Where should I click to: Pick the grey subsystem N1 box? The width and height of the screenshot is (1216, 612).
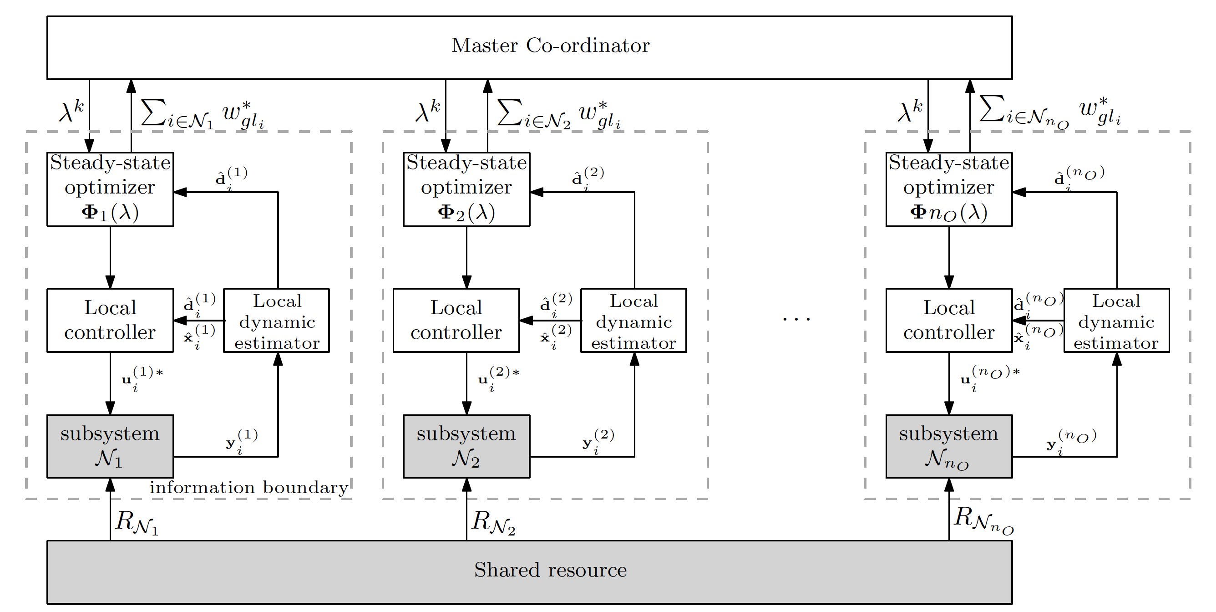(x=110, y=446)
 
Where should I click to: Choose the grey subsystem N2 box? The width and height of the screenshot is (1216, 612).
(x=466, y=446)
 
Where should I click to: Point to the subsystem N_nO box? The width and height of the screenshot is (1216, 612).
(x=949, y=446)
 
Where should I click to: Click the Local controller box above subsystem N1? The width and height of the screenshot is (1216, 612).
(x=110, y=320)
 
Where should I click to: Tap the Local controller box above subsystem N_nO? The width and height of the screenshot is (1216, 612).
(x=949, y=320)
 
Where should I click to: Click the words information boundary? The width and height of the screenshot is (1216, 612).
(x=249, y=487)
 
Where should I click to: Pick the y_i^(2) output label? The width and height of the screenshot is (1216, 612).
(x=598, y=441)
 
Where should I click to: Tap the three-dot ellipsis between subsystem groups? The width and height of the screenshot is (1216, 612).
(x=796, y=319)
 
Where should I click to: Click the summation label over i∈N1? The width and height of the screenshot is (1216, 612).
(x=202, y=114)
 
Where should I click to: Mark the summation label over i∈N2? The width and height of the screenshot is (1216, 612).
(x=558, y=114)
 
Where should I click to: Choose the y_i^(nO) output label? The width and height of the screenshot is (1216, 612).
(x=1071, y=441)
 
